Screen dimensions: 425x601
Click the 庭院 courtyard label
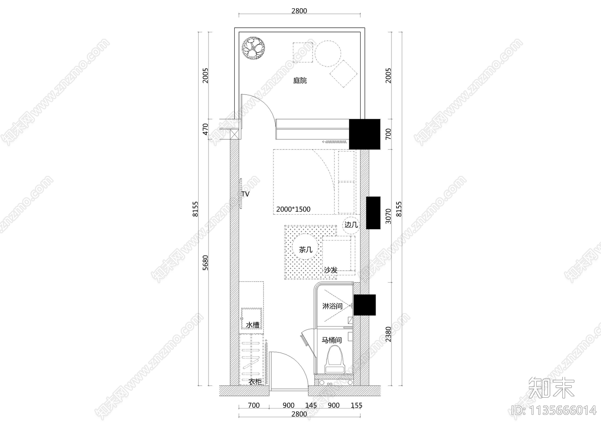click(300, 80)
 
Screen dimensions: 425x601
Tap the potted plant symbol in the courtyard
click(253, 48)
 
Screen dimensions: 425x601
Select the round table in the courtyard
click(328, 54)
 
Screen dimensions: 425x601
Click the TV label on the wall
click(245, 194)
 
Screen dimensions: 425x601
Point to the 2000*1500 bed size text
click(293, 209)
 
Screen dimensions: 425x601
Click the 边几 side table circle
click(351, 225)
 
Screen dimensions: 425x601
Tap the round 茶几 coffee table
click(305, 249)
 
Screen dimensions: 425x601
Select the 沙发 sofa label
click(331, 270)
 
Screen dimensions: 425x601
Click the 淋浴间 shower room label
click(332, 306)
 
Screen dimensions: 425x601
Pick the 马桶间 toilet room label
click(332, 340)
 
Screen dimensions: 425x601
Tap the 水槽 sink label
click(252, 325)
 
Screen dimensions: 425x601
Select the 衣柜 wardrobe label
click(255, 382)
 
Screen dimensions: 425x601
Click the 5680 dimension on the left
click(205, 263)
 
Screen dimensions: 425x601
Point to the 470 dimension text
click(205, 129)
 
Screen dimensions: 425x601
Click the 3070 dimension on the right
click(388, 216)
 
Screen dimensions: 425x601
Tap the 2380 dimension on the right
click(388, 334)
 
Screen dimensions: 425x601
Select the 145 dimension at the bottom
click(311, 405)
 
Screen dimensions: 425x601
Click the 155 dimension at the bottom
click(356, 405)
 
